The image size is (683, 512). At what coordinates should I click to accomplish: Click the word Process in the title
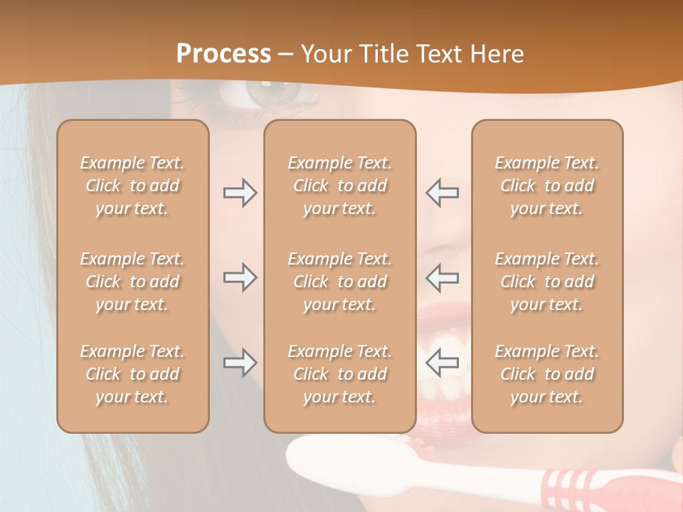click(x=223, y=54)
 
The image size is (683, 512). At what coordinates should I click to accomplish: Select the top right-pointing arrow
click(x=240, y=193)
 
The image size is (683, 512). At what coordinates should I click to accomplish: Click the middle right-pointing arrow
click(x=240, y=277)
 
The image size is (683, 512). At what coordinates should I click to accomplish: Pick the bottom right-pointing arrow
click(x=240, y=363)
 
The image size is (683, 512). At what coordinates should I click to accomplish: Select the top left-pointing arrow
click(x=442, y=193)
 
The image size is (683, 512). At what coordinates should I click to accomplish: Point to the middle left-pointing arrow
click(x=442, y=277)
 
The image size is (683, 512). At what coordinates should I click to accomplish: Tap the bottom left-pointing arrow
click(x=442, y=363)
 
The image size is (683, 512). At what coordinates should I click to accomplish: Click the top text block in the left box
click(x=132, y=186)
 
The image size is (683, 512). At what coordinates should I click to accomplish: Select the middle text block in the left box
click(x=132, y=282)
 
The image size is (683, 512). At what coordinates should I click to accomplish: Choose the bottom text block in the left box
click(x=132, y=374)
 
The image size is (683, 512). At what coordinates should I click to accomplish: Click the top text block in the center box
click(x=339, y=186)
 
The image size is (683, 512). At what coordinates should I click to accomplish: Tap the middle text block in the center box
click(x=339, y=282)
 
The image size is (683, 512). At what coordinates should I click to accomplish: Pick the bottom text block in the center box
click(x=339, y=374)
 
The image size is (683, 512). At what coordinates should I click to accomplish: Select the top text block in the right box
click(x=546, y=186)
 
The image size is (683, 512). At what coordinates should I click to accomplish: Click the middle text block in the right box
click(x=546, y=282)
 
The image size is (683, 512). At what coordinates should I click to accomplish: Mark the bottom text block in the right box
click(x=546, y=374)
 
